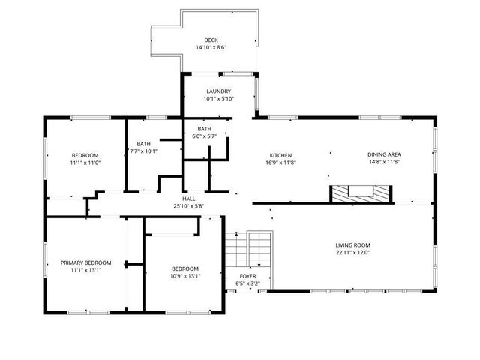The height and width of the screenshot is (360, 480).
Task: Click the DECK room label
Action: pos(211,40)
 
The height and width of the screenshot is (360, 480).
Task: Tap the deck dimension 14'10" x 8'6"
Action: pos(211,48)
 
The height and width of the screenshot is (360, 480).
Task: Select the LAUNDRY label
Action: pos(219,91)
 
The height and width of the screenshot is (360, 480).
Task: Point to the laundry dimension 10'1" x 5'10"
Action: pos(219,99)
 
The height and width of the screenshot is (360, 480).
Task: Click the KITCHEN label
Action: pos(280,155)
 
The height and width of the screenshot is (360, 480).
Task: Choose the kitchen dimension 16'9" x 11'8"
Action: pos(280,163)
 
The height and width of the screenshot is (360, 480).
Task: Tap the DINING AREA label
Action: pos(384,155)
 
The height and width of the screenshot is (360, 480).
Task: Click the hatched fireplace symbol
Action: pos(362,193)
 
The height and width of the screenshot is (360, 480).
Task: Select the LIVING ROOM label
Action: pos(352,245)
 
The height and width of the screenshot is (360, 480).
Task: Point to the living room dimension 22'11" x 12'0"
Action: pos(352,253)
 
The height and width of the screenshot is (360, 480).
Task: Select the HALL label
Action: pos(188,199)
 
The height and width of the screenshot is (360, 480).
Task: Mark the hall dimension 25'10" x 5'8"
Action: pos(188,206)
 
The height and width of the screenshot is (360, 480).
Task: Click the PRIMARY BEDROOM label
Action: pos(85,262)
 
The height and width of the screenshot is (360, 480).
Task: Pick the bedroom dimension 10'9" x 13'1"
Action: pos(184,276)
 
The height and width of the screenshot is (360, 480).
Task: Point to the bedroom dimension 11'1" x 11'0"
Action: pos(85,163)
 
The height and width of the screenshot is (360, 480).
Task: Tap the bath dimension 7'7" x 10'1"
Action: pos(144,151)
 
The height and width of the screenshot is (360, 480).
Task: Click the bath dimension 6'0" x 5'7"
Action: pos(205,136)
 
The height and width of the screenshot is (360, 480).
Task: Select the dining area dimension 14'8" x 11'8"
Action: pos(384,163)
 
